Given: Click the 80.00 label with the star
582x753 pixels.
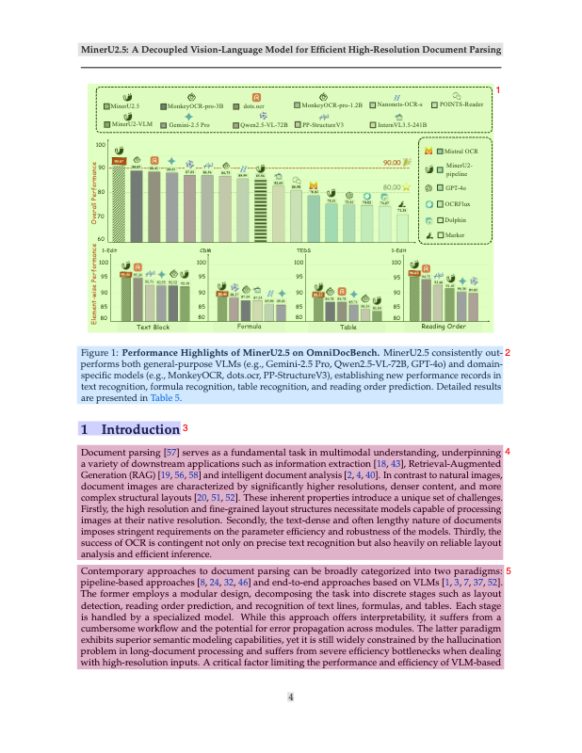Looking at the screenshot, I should coord(393,187).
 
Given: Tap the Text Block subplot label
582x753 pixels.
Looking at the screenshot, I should coord(154,327).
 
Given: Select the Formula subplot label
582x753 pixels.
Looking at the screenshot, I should coord(250,327).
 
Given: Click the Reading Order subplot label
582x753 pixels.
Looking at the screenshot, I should coord(443,327).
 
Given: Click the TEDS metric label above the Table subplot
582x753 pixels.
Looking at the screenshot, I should coord(304,251).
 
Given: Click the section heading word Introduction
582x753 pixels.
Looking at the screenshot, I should coord(139,429).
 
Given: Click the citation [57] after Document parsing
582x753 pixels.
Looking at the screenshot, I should coord(171,453).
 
